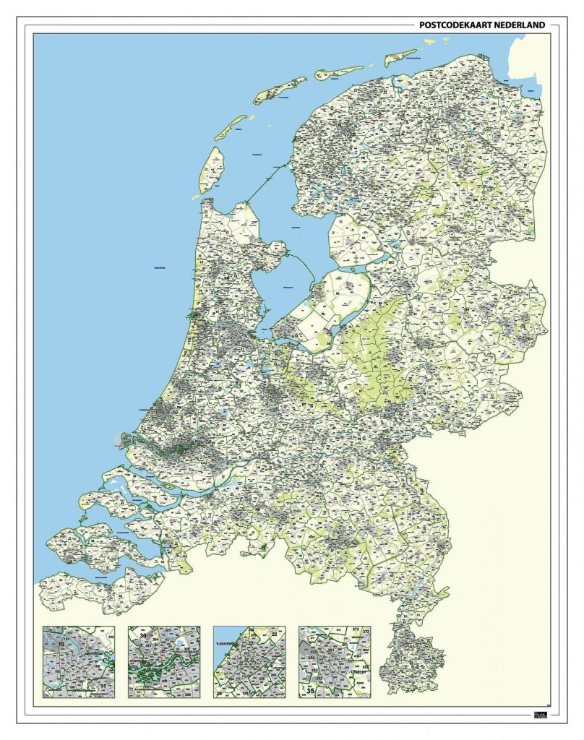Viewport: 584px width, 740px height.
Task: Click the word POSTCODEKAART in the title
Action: [455, 25]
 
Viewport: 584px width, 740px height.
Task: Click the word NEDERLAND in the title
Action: [519, 25]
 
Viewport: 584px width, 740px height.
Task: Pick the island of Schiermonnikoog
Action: [401, 57]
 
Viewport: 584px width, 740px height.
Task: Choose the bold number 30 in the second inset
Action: [143, 636]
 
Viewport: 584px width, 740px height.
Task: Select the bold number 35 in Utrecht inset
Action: [310, 691]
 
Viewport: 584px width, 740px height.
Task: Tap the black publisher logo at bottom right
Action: [541, 715]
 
